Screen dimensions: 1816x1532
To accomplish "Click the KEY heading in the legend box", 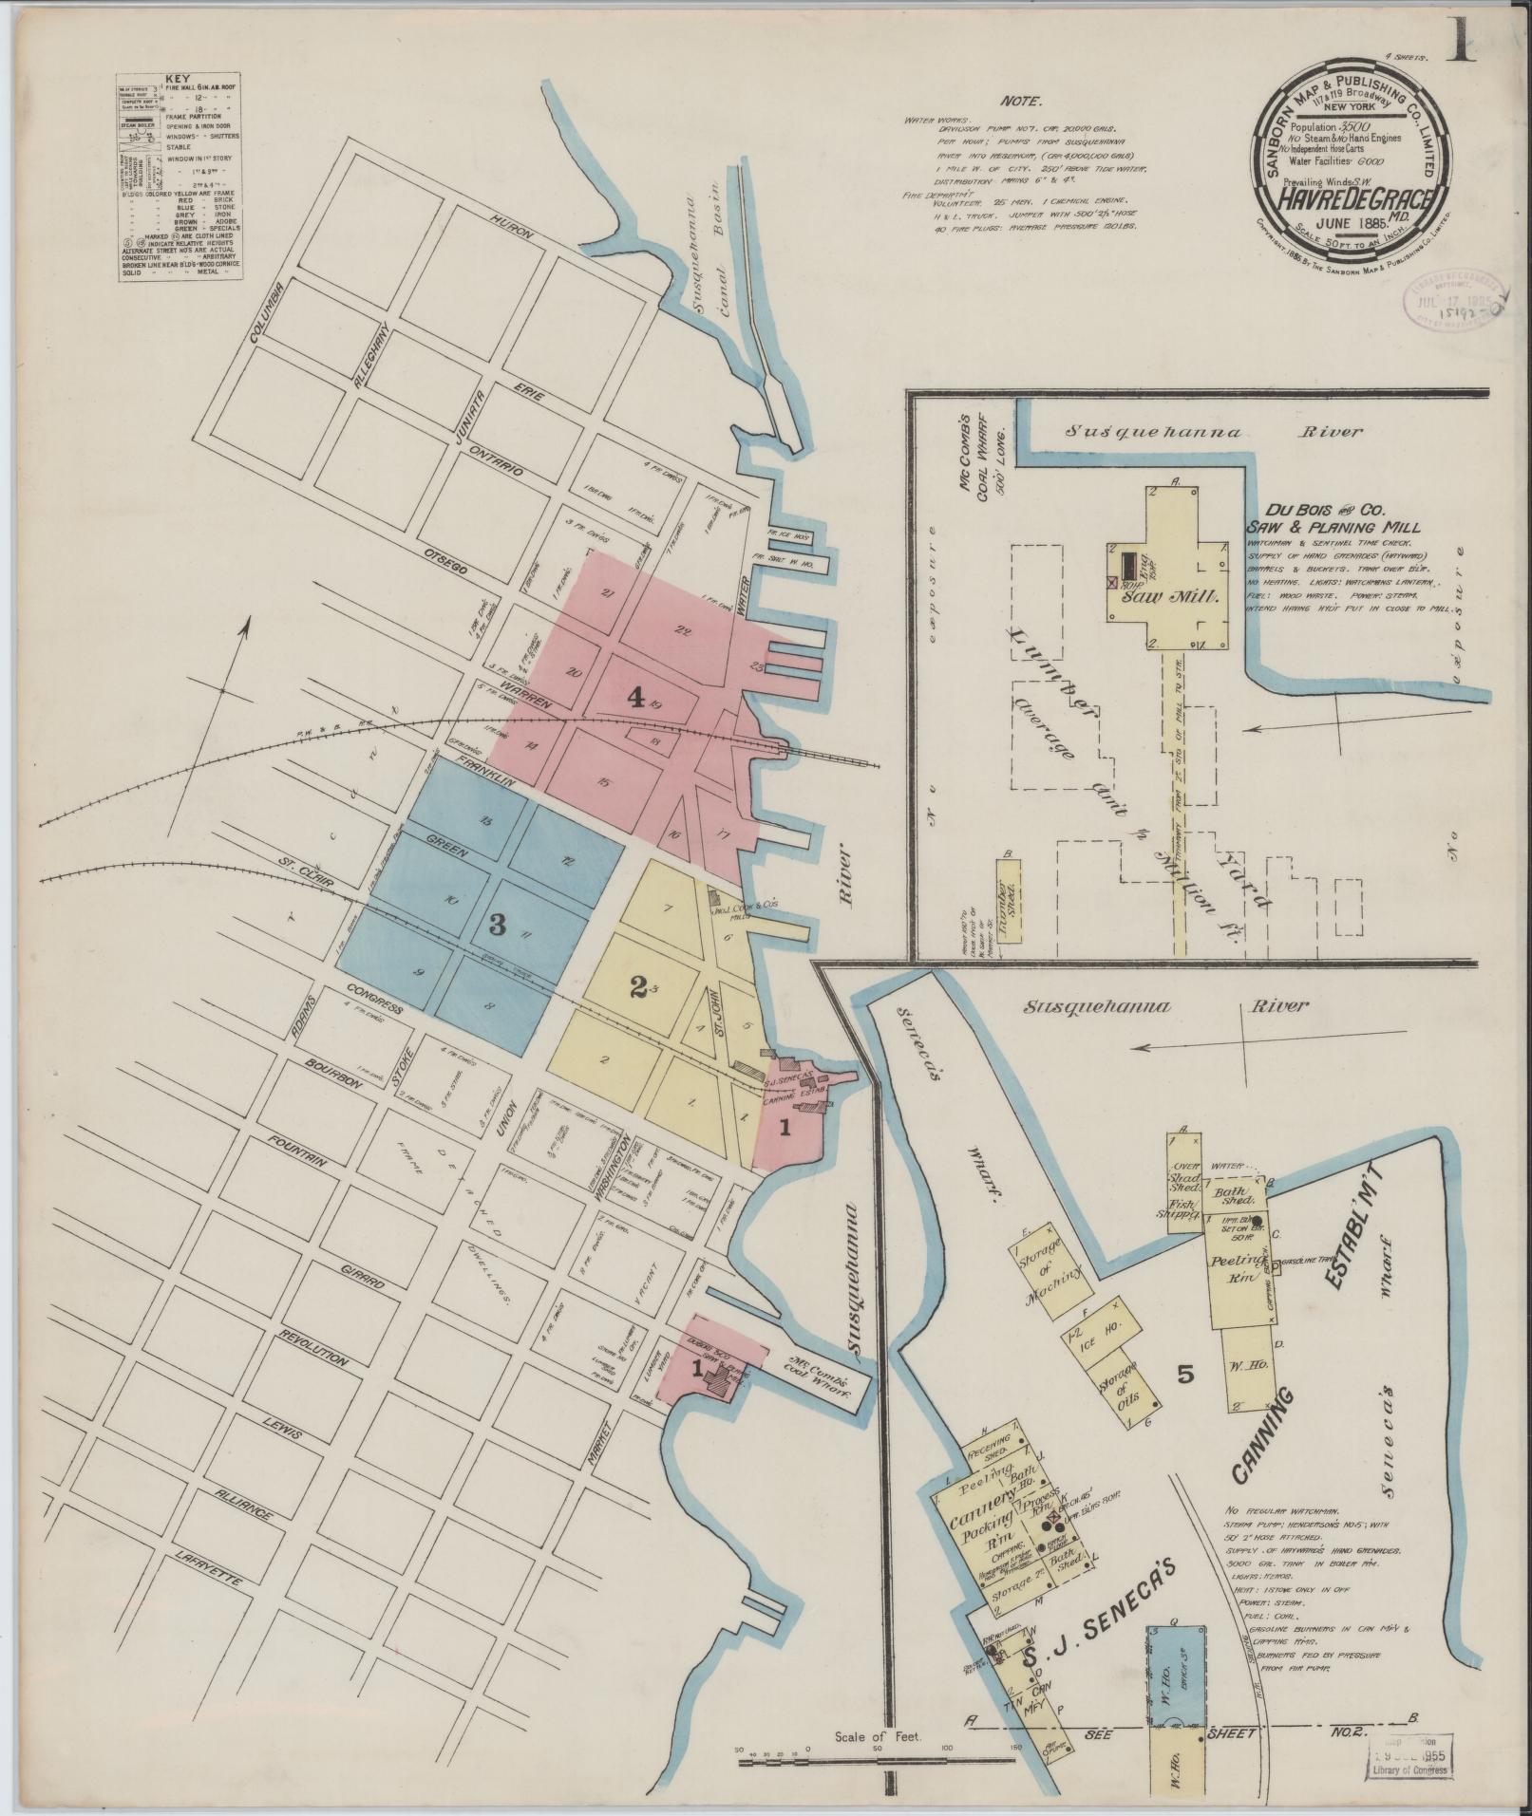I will tap(177, 80).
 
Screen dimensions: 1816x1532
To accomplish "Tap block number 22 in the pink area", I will tap(681, 629).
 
